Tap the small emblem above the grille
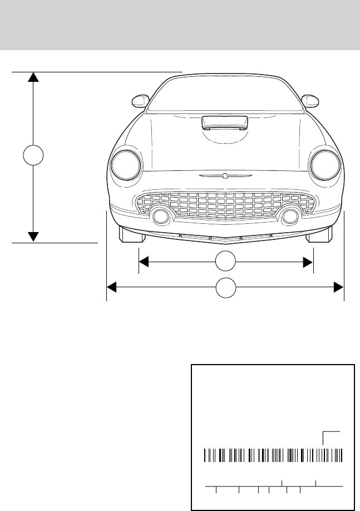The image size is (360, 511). [225, 176]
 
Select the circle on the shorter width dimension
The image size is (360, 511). [225, 262]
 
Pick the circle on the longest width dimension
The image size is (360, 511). [225, 287]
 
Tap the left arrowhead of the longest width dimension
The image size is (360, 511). [111, 287]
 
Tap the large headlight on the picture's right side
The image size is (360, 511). [326, 165]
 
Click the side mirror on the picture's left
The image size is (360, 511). [140, 101]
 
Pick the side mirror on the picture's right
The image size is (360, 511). [309, 101]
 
